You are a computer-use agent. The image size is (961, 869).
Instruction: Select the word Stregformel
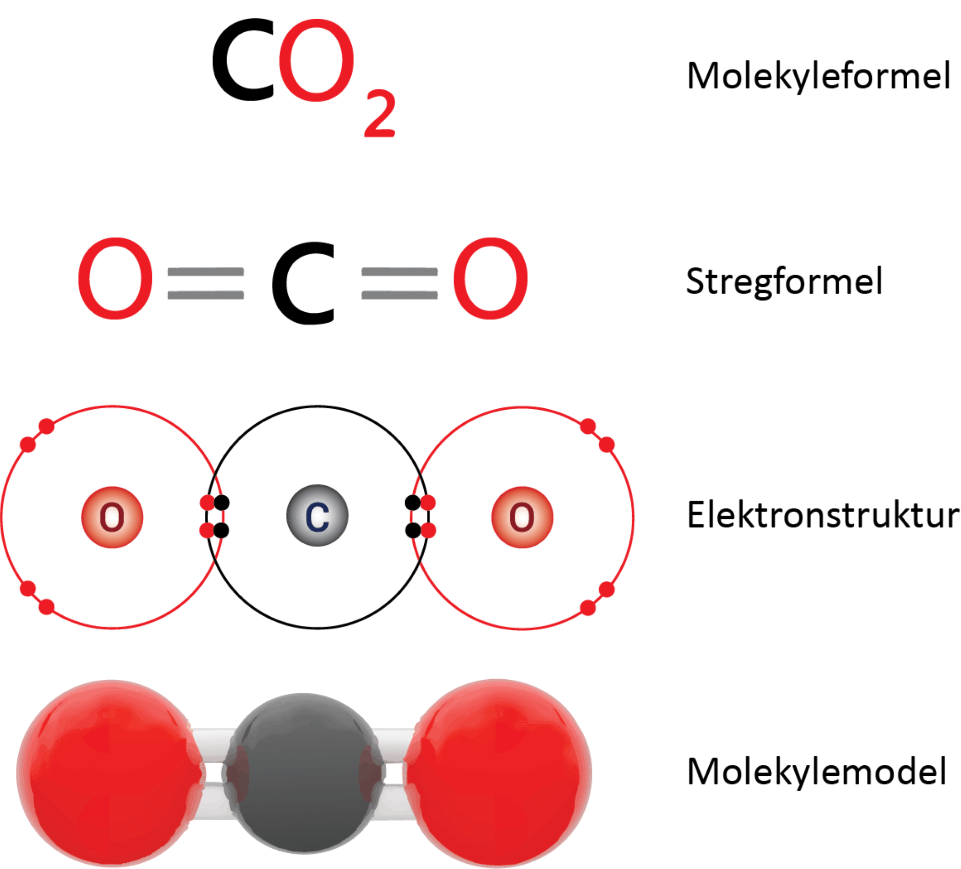pos(784,282)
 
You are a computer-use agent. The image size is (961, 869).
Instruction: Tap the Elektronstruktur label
pos(823,515)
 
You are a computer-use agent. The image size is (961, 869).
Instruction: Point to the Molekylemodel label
pos(817,772)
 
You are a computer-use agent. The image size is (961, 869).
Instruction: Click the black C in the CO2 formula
pos(243,61)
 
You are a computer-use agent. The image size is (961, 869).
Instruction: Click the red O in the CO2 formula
pos(316,61)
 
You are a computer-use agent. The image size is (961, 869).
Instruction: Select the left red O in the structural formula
pos(115,279)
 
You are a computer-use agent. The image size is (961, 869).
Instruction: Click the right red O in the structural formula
pos(491,279)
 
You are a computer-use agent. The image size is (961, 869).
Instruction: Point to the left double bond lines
pos(206,284)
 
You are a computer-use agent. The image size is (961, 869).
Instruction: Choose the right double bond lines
pos(399,284)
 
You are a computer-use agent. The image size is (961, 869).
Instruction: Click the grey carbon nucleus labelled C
pos(317,516)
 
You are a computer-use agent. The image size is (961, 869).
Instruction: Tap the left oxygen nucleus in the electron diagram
pos(112,517)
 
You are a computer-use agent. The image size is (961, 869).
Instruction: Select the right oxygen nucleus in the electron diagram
pos(522,517)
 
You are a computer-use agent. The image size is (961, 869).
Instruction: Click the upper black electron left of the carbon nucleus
pos(222,503)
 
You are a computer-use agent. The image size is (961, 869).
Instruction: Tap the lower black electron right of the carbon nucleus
pos(412,531)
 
